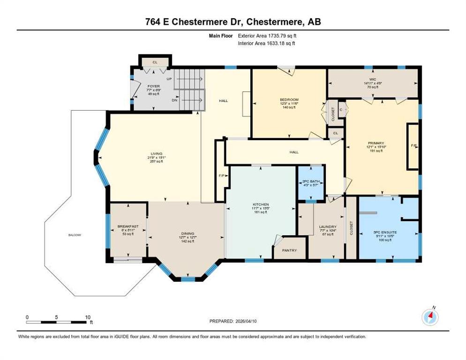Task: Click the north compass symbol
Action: point(430,317)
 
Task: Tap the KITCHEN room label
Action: point(261,204)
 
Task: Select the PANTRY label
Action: point(289,250)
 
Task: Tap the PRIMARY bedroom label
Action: point(376,143)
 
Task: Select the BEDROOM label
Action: point(289,100)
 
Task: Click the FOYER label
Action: point(153,86)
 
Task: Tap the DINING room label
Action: point(188,233)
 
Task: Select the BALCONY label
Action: point(75,235)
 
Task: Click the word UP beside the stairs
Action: point(169,79)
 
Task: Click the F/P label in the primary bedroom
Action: point(413,146)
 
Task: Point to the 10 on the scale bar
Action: point(87,317)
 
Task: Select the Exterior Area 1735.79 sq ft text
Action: point(267,36)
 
